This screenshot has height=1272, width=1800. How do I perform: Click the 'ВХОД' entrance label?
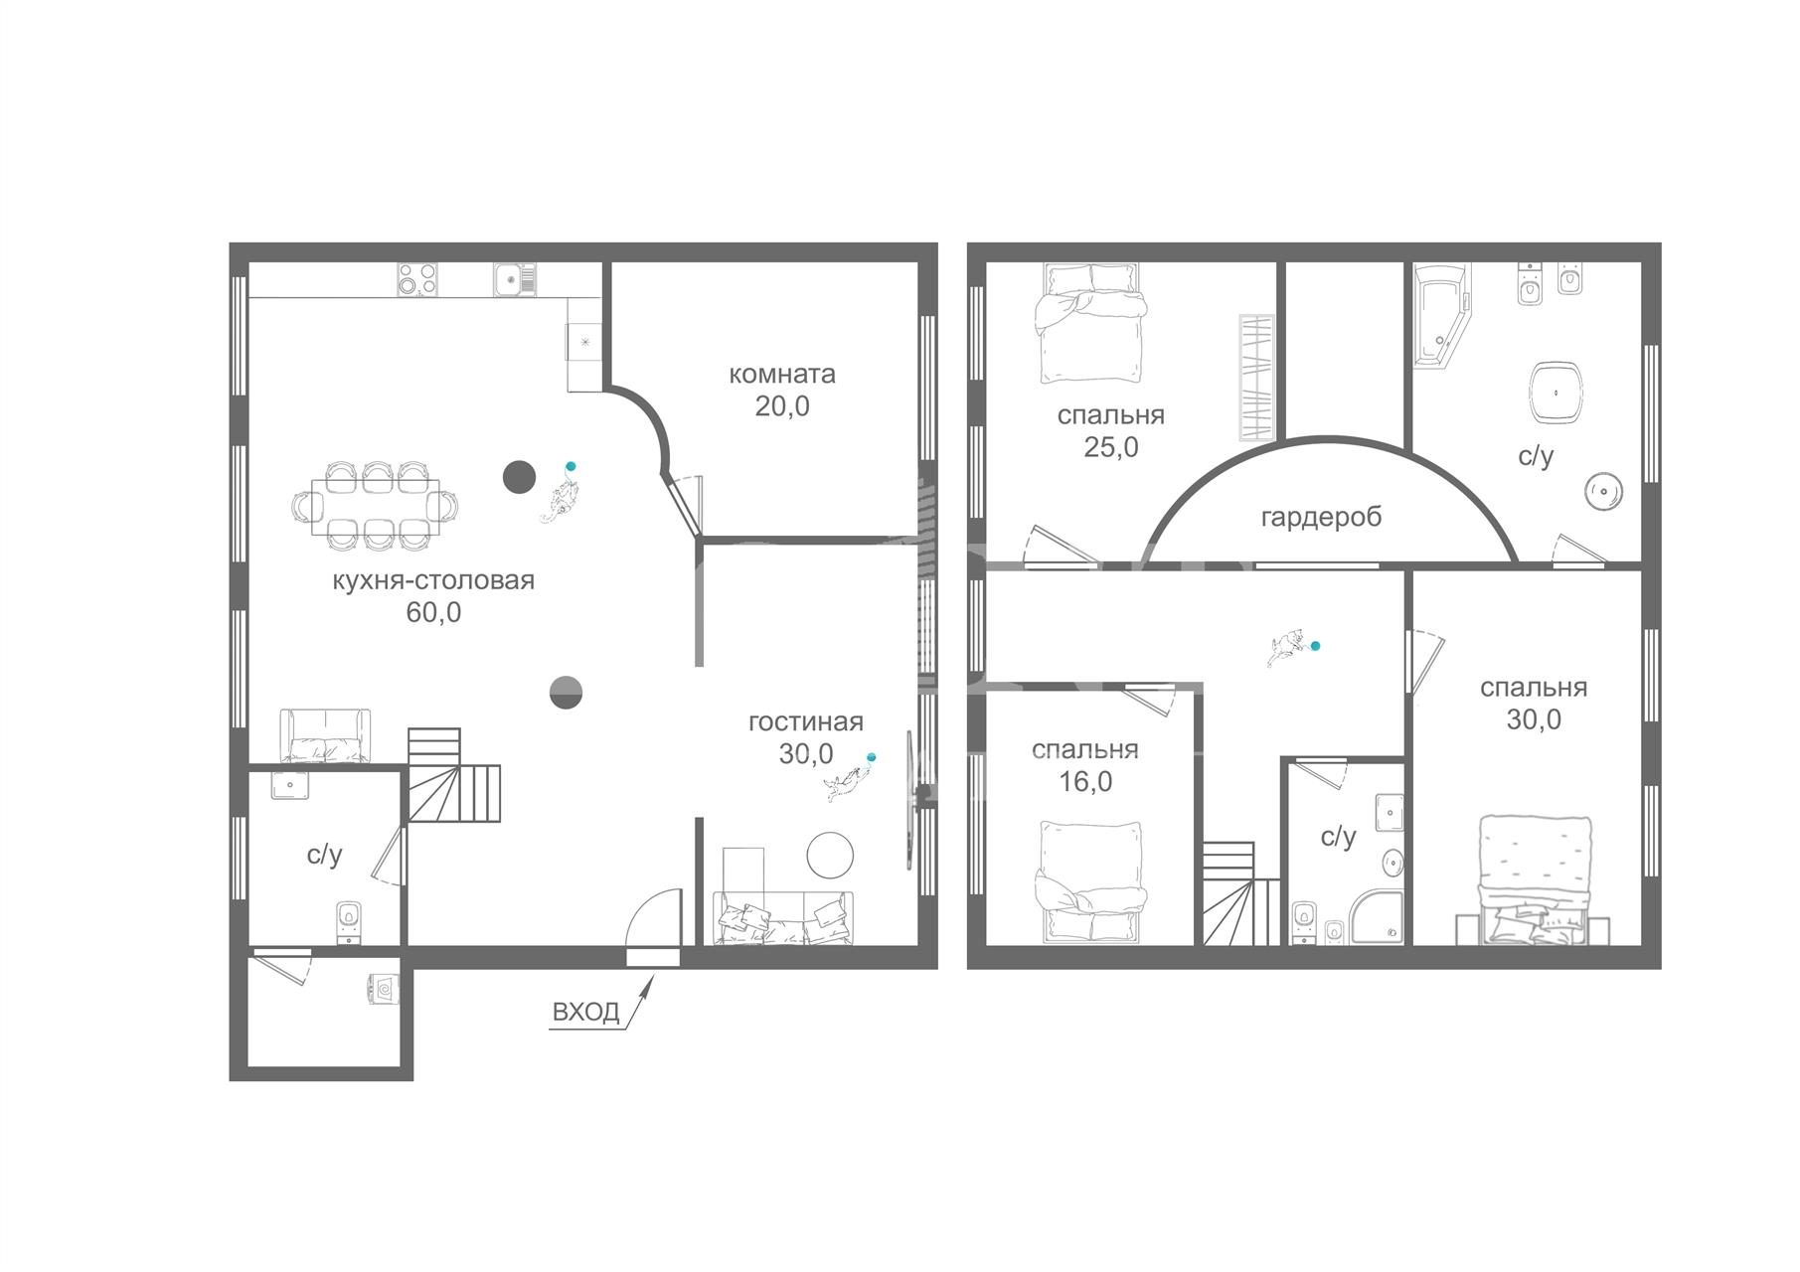[585, 1012]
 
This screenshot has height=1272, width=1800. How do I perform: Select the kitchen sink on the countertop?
[515, 279]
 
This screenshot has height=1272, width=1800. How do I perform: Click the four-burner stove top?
[418, 279]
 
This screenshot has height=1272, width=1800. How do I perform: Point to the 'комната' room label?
[782, 375]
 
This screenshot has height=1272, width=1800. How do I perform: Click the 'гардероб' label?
[1321, 518]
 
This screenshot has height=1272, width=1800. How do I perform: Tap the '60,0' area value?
[433, 612]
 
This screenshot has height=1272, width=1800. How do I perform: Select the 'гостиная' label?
[806, 722]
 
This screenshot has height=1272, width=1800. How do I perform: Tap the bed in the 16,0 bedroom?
[1090, 881]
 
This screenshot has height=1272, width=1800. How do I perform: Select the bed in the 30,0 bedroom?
[1534, 880]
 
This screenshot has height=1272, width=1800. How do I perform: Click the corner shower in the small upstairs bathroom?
[1378, 916]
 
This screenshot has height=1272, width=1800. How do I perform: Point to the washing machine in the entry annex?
[385, 989]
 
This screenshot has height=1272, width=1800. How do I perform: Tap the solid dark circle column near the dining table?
[519, 478]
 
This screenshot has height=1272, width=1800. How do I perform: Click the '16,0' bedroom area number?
[1085, 781]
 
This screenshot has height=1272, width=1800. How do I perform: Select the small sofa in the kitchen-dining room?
[325, 736]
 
